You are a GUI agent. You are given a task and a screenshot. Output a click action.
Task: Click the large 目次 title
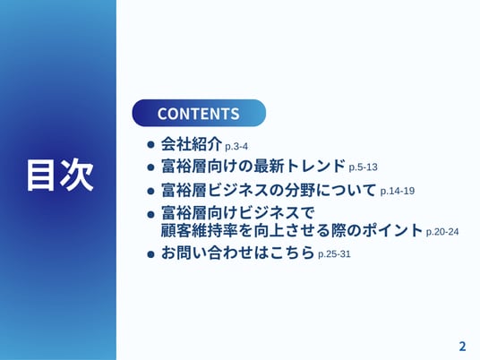[x=60, y=176]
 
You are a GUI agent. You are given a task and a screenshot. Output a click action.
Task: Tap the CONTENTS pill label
[x=199, y=113]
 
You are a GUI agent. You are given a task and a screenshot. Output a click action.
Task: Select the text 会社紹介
[x=192, y=144]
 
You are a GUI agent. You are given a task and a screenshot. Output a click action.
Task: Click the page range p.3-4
[x=236, y=147]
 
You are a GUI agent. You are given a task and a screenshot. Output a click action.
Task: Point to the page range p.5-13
[x=363, y=167]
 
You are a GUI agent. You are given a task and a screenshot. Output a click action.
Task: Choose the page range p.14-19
[x=398, y=191]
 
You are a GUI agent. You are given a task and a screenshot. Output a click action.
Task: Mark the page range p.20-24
[x=442, y=232]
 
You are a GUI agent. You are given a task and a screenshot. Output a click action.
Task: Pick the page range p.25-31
[x=334, y=254]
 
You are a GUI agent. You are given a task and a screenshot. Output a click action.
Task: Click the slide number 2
[x=462, y=347]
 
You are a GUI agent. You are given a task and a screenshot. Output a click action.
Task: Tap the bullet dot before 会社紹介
[x=150, y=144]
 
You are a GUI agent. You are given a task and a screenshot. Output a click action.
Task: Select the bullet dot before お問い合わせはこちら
[x=150, y=254]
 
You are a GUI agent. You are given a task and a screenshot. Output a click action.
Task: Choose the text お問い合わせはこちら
[x=238, y=253]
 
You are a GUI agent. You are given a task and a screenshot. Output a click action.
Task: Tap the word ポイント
[x=392, y=230]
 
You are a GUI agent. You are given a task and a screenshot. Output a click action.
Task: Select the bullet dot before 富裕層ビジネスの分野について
[x=150, y=192]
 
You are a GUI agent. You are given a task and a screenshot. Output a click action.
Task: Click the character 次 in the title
[x=77, y=176]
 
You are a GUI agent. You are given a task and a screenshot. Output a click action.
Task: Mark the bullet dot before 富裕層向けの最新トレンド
[x=150, y=167]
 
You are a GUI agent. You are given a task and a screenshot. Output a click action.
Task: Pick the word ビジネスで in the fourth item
[x=277, y=213]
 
